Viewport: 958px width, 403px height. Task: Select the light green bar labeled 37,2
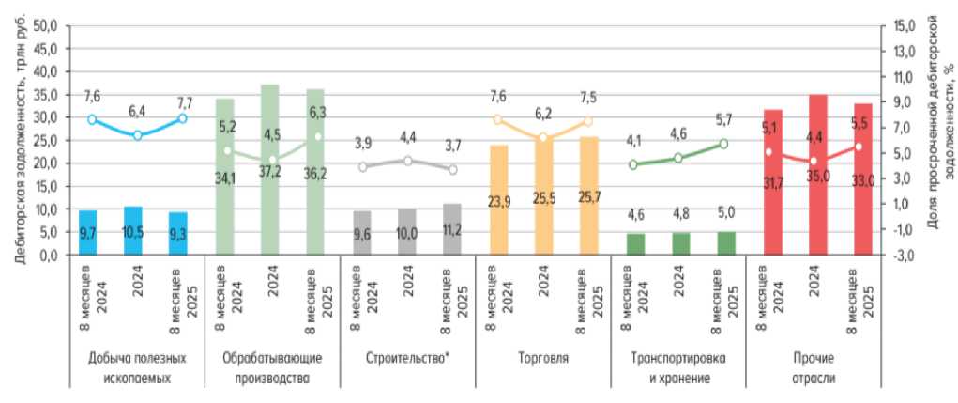coord(271,170)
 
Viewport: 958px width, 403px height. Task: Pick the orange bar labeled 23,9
coord(499,200)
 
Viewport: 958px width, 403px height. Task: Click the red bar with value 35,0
coord(818,175)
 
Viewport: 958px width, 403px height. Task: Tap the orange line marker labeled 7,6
coord(498,119)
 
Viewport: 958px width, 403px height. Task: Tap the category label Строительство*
coord(407,358)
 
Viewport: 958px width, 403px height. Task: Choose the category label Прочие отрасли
coord(814,368)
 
